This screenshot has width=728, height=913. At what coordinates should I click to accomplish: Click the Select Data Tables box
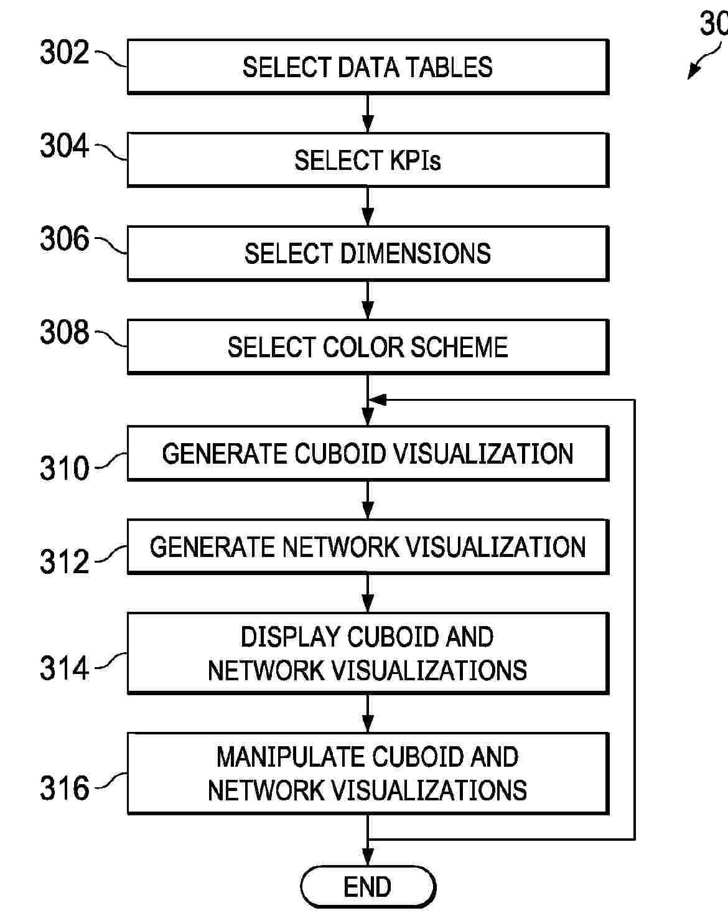click(x=368, y=67)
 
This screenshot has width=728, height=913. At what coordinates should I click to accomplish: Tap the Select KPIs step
click(x=368, y=160)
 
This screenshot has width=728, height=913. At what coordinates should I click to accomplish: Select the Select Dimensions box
click(x=368, y=253)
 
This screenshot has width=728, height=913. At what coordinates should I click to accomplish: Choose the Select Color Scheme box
click(x=368, y=347)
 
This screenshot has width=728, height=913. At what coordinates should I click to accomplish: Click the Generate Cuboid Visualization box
click(x=368, y=454)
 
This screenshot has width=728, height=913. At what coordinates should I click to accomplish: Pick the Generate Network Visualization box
click(x=368, y=547)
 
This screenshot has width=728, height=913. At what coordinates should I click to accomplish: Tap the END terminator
click(x=368, y=886)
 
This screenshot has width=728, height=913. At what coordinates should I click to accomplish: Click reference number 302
click(x=65, y=52)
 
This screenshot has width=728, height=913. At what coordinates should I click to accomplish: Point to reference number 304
click(x=65, y=146)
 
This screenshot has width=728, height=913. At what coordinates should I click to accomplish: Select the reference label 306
click(x=65, y=239)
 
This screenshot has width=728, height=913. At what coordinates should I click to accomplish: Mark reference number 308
click(x=65, y=332)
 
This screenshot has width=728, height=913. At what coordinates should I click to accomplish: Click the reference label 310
click(x=65, y=468)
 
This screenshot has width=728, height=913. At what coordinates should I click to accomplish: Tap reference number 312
click(x=65, y=561)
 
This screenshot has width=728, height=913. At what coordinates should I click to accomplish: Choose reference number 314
click(x=65, y=668)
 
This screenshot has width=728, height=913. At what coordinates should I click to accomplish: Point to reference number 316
click(x=65, y=788)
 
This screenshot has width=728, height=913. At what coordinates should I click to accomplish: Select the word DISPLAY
click(x=291, y=637)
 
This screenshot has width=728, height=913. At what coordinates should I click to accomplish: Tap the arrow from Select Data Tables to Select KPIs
click(x=368, y=113)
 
